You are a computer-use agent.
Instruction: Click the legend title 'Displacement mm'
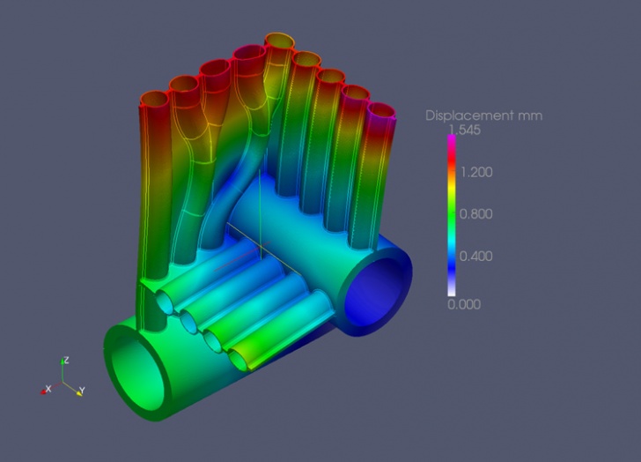pos(483,115)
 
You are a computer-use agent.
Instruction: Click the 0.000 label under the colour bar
pos(464,303)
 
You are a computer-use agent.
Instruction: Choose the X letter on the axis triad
pos(48,388)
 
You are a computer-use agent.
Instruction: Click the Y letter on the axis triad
pos(81,390)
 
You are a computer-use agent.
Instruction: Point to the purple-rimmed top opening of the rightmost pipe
pos(381,113)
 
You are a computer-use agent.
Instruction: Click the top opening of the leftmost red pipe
pos(155,100)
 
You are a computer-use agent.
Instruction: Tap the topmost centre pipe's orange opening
pos(279,41)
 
